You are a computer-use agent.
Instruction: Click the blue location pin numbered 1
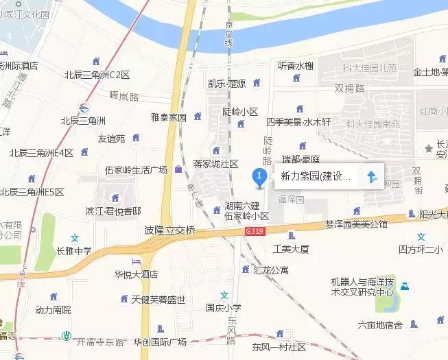coord(259,178)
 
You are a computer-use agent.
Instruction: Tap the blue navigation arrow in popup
coord(371,177)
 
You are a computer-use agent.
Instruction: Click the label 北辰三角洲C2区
coord(97,74)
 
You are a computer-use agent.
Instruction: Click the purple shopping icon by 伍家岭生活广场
coord(179,169)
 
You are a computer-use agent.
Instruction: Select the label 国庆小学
coord(224,308)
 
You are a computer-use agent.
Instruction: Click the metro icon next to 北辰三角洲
coord(82,108)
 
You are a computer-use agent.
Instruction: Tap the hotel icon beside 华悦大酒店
coord(137,262)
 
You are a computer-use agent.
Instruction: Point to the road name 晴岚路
coord(123,96)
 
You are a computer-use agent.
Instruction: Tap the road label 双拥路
coord(349,88)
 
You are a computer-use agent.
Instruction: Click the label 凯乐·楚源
coord(226,84)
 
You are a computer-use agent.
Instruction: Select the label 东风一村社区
coord(279,346)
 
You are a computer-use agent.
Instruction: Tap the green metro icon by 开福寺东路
coord(67,336)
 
